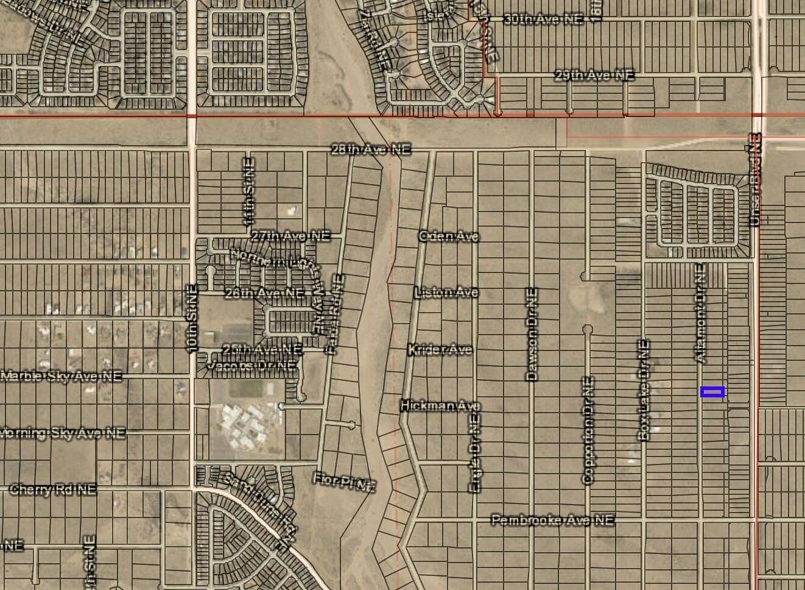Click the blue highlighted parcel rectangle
click(712, 392)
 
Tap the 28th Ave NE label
click(370, 149)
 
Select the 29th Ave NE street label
click(594, 76)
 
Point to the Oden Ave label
click(449, 236)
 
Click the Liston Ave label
click(446, 293)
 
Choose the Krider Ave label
click(440, 349)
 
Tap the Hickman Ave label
click(440, 405)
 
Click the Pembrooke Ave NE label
click(552, 520)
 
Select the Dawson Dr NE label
click(532, 335)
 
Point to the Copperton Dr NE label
click(588, 430)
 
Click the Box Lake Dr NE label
click(644, 390)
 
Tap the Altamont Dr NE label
click(699, 313)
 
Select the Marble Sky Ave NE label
click(61, 376)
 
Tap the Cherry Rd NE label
click(53, 489)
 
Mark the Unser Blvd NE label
click(755, 181)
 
